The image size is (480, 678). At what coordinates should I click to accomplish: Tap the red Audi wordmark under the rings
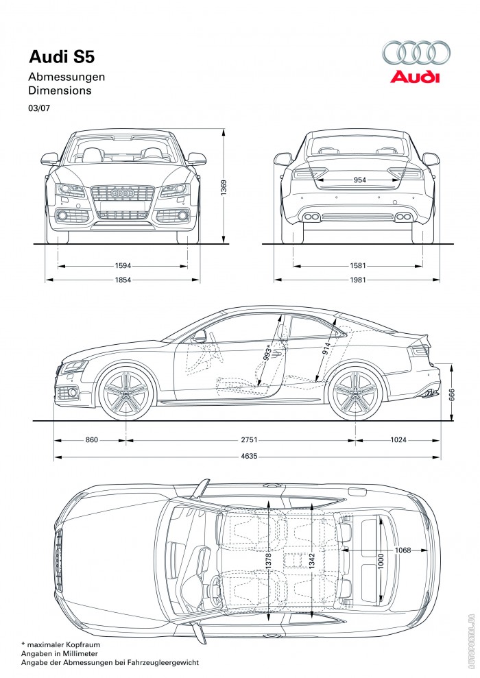coord(415,77)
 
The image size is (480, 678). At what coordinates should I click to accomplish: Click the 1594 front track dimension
coord(123,265)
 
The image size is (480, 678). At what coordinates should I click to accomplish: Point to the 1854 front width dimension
coord(123,280)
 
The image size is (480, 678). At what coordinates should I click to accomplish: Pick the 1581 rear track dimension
coord(357,265)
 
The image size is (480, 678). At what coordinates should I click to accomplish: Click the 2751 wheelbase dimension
coord(240,439)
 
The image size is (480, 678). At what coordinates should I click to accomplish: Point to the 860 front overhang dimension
coord(91,439)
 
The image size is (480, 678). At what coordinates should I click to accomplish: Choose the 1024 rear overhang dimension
coord(398,439)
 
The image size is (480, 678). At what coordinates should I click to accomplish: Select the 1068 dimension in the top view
coord(403,550)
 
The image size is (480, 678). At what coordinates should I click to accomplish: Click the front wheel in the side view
coord(126,395)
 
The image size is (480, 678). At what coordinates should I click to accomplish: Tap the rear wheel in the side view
coord(355,395)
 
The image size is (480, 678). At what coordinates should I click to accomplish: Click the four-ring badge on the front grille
coord(123,193)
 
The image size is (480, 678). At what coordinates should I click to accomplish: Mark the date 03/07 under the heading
coord(39,108)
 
